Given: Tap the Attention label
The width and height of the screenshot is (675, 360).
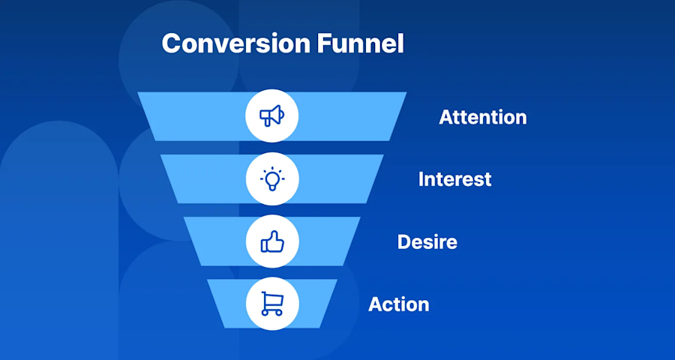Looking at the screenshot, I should pos(482,118).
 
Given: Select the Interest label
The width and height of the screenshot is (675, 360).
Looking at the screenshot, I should pos(454,180).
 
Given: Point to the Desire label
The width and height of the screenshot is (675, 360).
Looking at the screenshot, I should pos(427,242).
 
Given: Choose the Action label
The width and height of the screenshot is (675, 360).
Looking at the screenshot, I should pos(398,304).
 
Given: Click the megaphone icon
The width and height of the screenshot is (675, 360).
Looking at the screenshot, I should pos(271,116).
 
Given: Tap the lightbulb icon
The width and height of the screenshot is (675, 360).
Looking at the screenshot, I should pos(271,179).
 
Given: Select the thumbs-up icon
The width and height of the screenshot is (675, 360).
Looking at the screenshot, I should pos(271,241).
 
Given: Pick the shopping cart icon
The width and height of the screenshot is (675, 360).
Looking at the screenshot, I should pos(271,304).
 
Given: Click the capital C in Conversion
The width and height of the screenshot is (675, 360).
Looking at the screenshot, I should pos(172,43).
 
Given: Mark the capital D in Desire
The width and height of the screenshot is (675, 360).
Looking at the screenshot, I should pos(403,242).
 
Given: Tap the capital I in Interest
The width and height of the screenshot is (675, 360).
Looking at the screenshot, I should pos(421,180).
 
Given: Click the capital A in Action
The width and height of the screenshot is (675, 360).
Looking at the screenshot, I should pos(375,304).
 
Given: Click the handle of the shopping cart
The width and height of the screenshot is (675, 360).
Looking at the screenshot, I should pos(262,294).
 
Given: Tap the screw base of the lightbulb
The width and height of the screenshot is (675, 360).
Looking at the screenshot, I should pos(271,187).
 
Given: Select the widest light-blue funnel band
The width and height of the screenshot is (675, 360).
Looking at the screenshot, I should pos(195,116).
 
